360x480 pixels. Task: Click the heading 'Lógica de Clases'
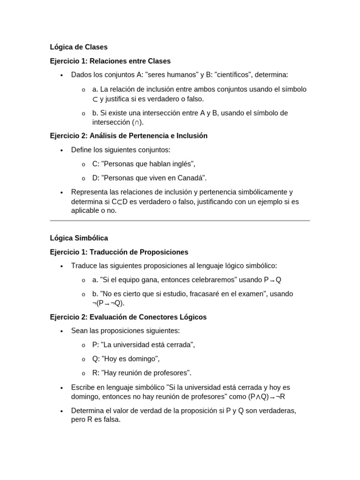79,47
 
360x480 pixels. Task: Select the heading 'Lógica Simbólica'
79,238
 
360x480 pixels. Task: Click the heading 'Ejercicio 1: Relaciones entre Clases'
110,61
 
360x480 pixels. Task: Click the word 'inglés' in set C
182,164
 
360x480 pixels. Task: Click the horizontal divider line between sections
180,220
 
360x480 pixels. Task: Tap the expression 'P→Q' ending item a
272,280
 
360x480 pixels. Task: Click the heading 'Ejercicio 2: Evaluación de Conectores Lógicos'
128,317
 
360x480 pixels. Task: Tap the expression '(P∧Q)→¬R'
267,397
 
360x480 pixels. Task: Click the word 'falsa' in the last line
111,420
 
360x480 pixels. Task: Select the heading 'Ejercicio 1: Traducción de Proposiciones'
119,252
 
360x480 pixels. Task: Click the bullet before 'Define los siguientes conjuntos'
61,150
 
